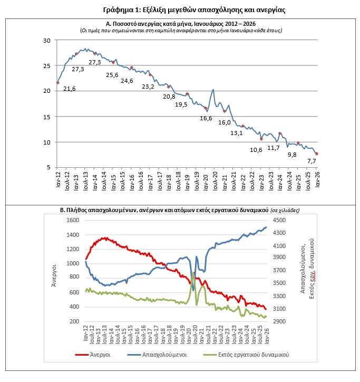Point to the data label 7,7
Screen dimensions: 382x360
pyautogui.click(x=312, y=160)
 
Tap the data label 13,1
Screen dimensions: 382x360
pyautogui.click(x=237, y=133)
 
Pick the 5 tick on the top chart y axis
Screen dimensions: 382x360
pyautogui.click(x=49, y=167)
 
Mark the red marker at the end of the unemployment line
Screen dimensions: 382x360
pyautogui.click(x=317, y=154)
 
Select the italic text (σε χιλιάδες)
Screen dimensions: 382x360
pyautogui.click(x=285, y=210)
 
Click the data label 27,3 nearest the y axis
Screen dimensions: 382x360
pyautogui.click(x=77, y=69)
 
